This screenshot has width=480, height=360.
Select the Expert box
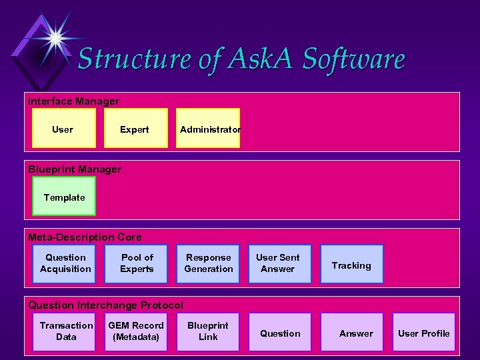tap(135, 129)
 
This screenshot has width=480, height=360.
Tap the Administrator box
tap(209, 129)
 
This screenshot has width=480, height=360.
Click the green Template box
tap(64, 197)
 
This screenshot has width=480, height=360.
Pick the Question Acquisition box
tap(65, 263)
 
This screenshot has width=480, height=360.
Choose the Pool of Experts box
tap(137, 263)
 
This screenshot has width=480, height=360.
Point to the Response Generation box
tap(209, 263)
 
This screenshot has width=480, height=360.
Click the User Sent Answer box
tap(278, 263)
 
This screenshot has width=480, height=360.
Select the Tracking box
tap(351, 265)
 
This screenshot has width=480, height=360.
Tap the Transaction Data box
tap(66, 331)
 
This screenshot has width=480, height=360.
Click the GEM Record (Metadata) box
tap(136, 331)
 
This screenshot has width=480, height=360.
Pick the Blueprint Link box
tap(208, 331)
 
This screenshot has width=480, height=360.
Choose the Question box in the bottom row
tap(280, 333)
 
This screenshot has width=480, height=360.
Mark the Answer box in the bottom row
tap(356, 333)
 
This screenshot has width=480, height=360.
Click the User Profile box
tap(424, 333)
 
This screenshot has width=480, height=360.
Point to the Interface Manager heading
tap(74, 101)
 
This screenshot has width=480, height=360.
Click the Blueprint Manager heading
tap(75, 169)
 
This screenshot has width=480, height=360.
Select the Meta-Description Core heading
tap(85, 237)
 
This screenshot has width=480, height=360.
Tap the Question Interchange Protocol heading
tap(105, 305)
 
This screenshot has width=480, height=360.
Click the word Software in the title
tap(353, 59)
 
